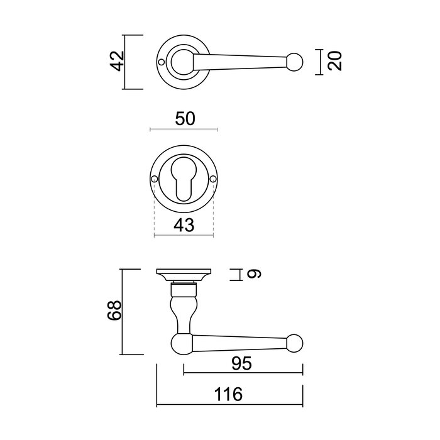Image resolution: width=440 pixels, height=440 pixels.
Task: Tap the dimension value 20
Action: [x=335, y=62]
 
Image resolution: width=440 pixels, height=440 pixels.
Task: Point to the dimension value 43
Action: [x=184, y=224]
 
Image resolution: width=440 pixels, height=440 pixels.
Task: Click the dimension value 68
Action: [x=113, y=311]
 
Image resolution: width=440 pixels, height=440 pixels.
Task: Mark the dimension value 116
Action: [x=229, y=394]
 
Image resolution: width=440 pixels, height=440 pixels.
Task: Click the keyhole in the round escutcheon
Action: [x=184, y=182]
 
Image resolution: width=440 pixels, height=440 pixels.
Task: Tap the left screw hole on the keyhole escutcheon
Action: [x=154, y=181]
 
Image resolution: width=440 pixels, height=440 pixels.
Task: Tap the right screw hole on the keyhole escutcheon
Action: [x=213, y=181]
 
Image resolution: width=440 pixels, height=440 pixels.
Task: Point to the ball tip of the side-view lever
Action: [x=294, y=343]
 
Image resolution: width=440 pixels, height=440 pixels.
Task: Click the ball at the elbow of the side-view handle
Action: [x=181, y=343]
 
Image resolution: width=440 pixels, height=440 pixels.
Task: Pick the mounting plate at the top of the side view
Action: [x=184, y=275]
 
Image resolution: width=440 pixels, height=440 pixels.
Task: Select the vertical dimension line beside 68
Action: [x=123, y=312]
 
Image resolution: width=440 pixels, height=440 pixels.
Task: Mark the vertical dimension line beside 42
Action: [x=125, y=62]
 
